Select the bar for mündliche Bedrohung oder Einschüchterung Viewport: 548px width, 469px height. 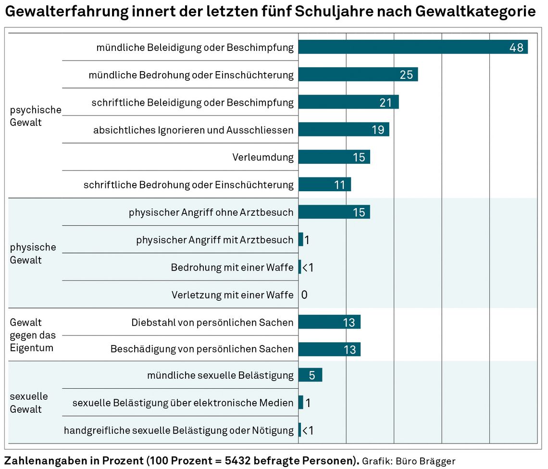(358, 74)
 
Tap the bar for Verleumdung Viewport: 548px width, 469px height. (334, 157)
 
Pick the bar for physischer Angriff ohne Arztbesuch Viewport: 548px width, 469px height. (334, 212)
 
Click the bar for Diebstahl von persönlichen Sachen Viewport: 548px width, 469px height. (329, 322)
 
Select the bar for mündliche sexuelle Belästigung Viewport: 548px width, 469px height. (310, 375)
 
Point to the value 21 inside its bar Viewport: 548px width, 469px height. (386, 102)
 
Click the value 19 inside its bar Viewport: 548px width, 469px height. (378, 130)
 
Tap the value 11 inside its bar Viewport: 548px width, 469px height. (339, 185)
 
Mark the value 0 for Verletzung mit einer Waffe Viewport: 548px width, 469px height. (304, 295)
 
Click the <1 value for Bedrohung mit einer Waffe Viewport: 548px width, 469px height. (308, 267)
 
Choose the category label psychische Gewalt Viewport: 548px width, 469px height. (36, 116)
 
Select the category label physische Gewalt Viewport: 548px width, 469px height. (33, 254)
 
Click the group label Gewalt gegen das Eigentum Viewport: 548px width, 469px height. (33, 335)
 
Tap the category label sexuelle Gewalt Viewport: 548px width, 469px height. (29, 403)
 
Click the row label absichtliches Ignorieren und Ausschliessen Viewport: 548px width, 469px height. (193, 130)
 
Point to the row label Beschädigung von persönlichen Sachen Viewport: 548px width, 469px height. (202, 349)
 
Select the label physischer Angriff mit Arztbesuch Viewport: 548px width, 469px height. (214, 240)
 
